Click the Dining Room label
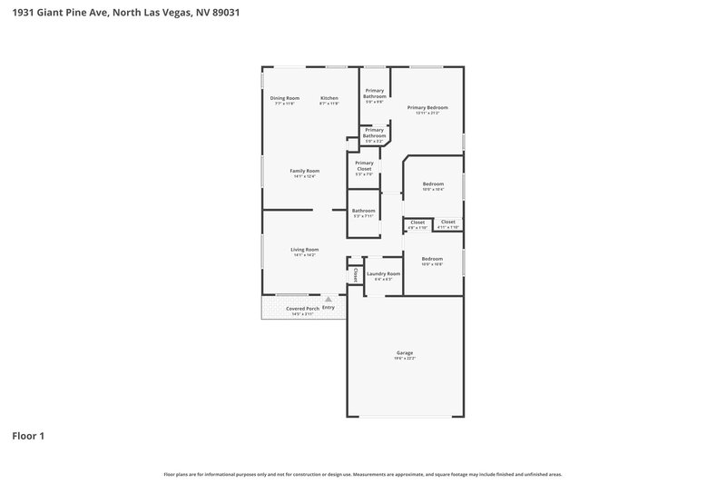click(284, 98)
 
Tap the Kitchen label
click(329, 98)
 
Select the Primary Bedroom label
click(427, 107)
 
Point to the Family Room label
click(304, 171)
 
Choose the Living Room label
click(304, 250)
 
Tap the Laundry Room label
click(383, 273)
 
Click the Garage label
click(404, 352)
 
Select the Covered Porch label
click(302, 309)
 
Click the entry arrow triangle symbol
click(329, 299)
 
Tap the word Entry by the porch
click(329, 308)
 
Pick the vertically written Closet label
click(356, 274)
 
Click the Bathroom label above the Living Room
click(363, 211)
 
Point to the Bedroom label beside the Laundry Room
click(432, 259)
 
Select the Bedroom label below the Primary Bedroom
click(433, 184)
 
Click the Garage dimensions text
click(404, 359)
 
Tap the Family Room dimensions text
click(304, 176)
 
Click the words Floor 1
click(28, 436)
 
